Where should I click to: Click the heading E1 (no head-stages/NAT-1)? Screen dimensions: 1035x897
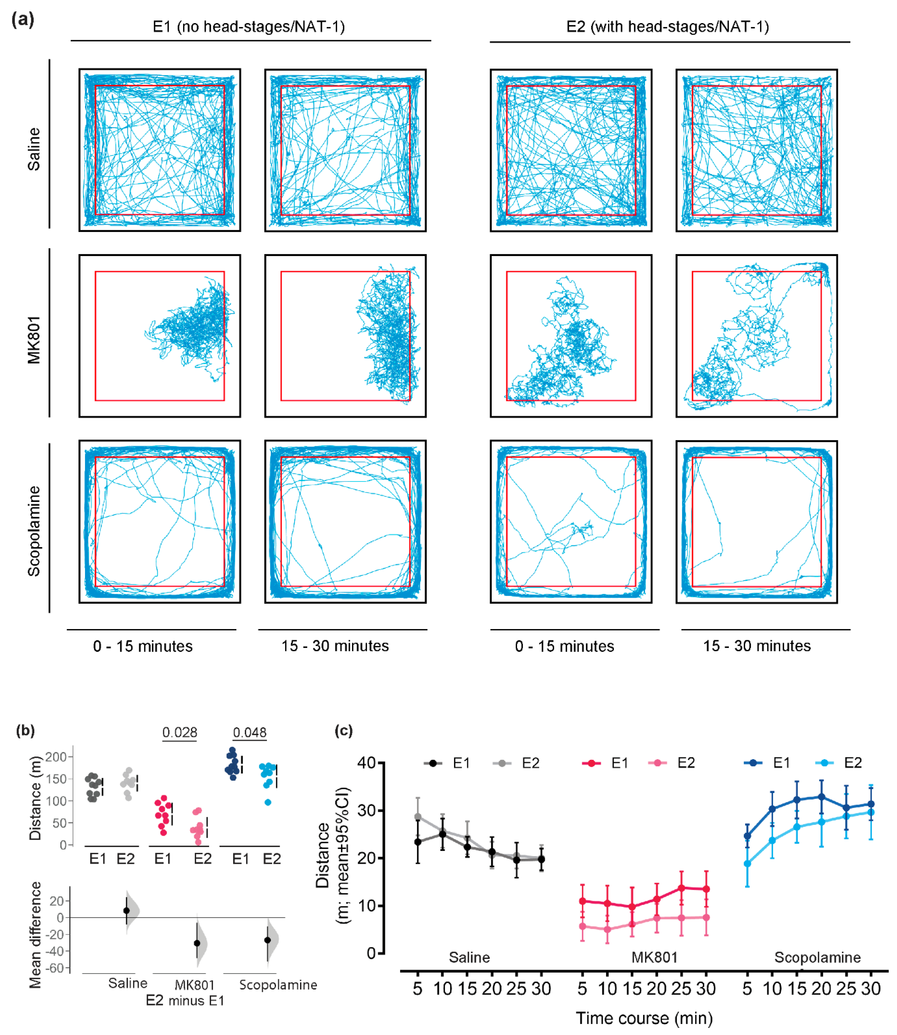click(x=249, y=26)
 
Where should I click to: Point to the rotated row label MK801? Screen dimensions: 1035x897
click(x=34, y=340)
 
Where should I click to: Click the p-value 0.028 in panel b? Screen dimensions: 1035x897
click(x=180, y=732)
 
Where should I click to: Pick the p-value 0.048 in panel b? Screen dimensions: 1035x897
click(x=250, y=732)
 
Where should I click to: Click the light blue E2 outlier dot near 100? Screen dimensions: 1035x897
click(x=268, y=803)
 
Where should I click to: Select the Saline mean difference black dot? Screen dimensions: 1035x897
click(x=127, y=911)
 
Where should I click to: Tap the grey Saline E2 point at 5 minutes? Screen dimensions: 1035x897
click(x=418, y=817)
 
